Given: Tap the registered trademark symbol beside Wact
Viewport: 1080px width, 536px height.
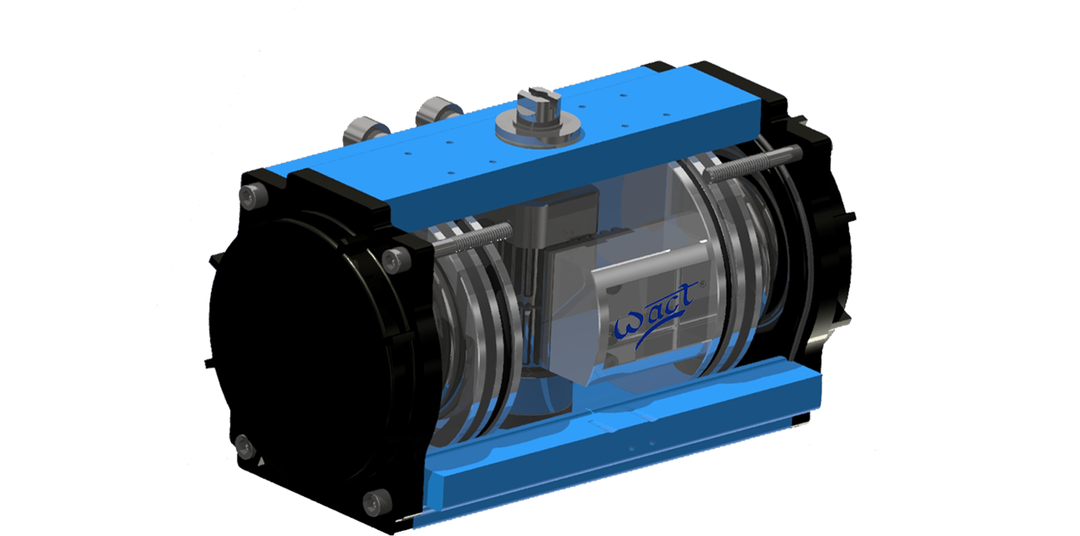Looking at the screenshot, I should pyautogui.click(x=702, y=284).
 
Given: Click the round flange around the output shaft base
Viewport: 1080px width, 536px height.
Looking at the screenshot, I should pyautogui.click(x=538, y=130).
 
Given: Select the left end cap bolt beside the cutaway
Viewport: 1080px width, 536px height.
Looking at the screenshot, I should pyautogui.click(x=392, y=260).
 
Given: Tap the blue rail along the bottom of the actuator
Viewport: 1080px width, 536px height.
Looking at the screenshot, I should pyautogui.click(x=609, y=447).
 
